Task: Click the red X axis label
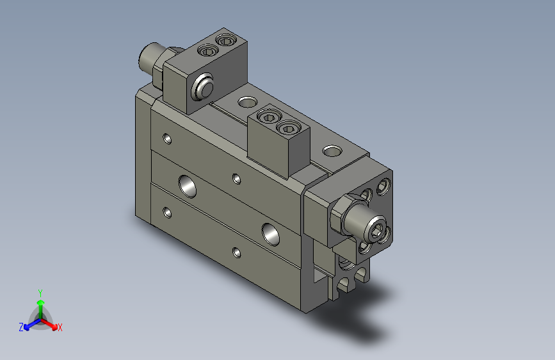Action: pyautogui.click(x=60, y=327)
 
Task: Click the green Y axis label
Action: pyautogui.click(x=40, y=291)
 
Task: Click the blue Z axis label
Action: pyautogui.click(x=21, y=327)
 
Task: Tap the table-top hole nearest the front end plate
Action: pyautogui.click(x=332, y=151)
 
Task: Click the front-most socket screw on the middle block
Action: pyautogui.click(x=289, y=129)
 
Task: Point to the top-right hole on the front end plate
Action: pyautogui.click(x=383, y=186)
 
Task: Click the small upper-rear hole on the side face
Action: pyautogui.click(x=168, y=138)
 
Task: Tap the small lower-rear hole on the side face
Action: pyautogui.click(x=168, y=212)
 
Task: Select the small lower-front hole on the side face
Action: pyautogui.click(x=237, y=252)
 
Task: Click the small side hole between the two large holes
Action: pyautogui.click(x=237, y=178)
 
